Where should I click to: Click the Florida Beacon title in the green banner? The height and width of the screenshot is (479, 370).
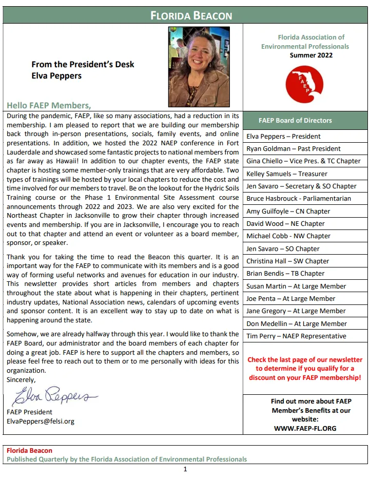191,16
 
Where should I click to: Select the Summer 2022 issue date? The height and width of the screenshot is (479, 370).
311,55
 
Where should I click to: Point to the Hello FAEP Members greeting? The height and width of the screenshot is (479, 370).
49,105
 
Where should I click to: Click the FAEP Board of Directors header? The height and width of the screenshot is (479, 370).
295,121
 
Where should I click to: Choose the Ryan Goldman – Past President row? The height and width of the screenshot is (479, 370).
294,149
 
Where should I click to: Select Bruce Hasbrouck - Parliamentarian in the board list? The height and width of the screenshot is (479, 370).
299,199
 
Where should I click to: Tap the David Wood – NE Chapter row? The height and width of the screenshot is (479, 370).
285,224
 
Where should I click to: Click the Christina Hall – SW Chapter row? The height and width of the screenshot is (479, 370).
287,261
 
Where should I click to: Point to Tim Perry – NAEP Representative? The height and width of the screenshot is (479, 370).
296,336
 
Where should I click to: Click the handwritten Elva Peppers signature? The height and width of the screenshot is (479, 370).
52,397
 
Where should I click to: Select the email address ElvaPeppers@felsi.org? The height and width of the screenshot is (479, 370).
41,421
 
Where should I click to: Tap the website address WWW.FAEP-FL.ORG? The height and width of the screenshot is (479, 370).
305,428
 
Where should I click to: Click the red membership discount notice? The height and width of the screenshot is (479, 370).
305,369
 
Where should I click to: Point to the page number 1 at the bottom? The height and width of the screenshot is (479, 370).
185,469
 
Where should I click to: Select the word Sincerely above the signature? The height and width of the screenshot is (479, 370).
22,380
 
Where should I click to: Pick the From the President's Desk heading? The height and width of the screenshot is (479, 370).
83,65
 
